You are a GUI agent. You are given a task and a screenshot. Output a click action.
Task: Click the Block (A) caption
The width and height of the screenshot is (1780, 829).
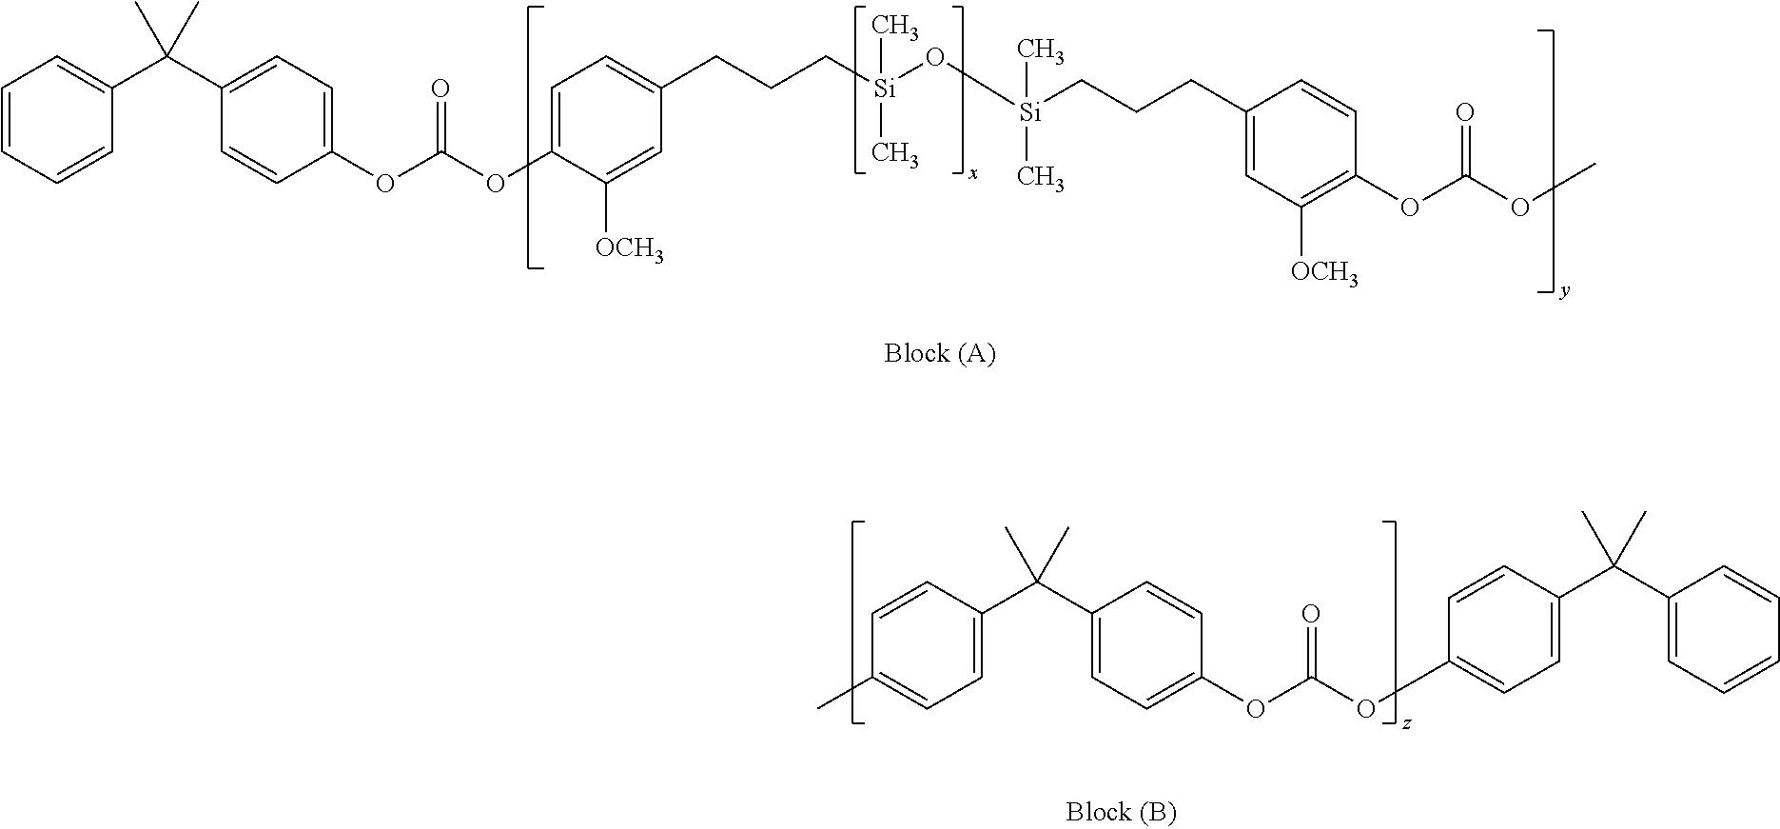pos(939,354)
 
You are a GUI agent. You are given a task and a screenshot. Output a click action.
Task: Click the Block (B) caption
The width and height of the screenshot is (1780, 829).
pos(1121,812)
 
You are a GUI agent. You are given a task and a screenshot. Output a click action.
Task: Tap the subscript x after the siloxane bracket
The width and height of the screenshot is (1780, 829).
pos(973,176)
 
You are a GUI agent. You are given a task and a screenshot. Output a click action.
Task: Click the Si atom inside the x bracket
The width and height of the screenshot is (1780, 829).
pos(885,89)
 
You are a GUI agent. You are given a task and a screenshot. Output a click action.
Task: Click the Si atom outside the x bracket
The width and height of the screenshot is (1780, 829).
pos(1030,113)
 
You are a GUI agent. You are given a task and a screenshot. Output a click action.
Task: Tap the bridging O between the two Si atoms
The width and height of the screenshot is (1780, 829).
pos(934,60)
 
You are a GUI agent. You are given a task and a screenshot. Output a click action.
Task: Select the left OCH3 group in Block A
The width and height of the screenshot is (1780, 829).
pos(629,249)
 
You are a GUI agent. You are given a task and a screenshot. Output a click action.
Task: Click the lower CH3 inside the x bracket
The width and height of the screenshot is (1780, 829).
pos(895,153)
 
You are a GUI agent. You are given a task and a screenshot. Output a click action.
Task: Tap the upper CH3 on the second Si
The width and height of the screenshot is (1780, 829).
pos(1041,49)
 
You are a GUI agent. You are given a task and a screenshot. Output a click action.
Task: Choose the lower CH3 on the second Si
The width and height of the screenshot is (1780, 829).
pos(1041,178)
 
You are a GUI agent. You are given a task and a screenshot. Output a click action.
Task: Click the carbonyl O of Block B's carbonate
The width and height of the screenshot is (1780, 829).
pos(1311,615)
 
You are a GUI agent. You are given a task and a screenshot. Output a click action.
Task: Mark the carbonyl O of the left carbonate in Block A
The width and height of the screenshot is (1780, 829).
pos(440,89)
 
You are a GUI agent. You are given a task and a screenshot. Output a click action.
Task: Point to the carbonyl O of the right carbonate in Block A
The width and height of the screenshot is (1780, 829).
pos(1465,113)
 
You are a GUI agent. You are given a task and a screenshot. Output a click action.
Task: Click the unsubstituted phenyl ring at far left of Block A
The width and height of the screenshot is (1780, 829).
pos(57,119)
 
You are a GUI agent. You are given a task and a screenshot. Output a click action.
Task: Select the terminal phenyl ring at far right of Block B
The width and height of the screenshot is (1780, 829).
pos(1724,629)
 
